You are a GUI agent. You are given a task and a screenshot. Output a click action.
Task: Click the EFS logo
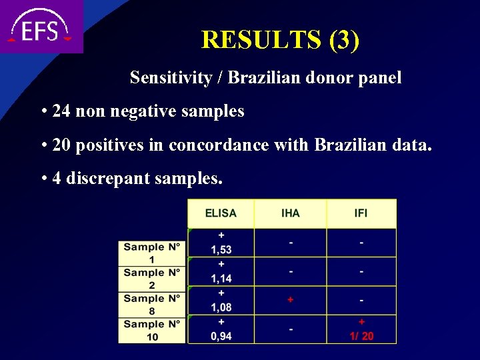[x=40, y=27]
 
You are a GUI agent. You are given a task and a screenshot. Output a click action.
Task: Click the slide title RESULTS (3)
[x=280, y=40]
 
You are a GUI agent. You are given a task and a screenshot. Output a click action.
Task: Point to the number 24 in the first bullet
[x=61, y=111]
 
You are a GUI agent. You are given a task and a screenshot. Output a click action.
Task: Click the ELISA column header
[x=221, y=213]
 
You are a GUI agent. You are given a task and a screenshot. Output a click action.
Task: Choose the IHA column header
[x=291, y=213]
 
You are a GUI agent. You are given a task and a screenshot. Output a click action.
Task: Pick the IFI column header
[x=361, y=213]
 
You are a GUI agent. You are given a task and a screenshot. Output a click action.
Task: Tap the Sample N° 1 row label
[x=152, y=253]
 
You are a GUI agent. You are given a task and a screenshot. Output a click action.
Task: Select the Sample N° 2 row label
[x=152, y=279]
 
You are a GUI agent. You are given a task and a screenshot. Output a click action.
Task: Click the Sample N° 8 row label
[x=152, y=305]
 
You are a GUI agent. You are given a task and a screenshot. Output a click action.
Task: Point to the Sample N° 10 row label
[x=152, y=330]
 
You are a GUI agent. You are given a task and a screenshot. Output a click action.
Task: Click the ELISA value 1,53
[x=221, y=250]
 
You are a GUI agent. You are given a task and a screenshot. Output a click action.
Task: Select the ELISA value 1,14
[x=221, y=279]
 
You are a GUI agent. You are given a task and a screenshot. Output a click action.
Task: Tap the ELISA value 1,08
[x=221, y=307]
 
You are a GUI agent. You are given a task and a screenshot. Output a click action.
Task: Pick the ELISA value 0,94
[x=221, y=336]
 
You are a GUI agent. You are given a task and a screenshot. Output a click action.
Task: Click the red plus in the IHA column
[x=291, y=300]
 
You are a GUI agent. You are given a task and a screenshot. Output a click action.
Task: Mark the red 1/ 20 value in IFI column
[x=362, y=336]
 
